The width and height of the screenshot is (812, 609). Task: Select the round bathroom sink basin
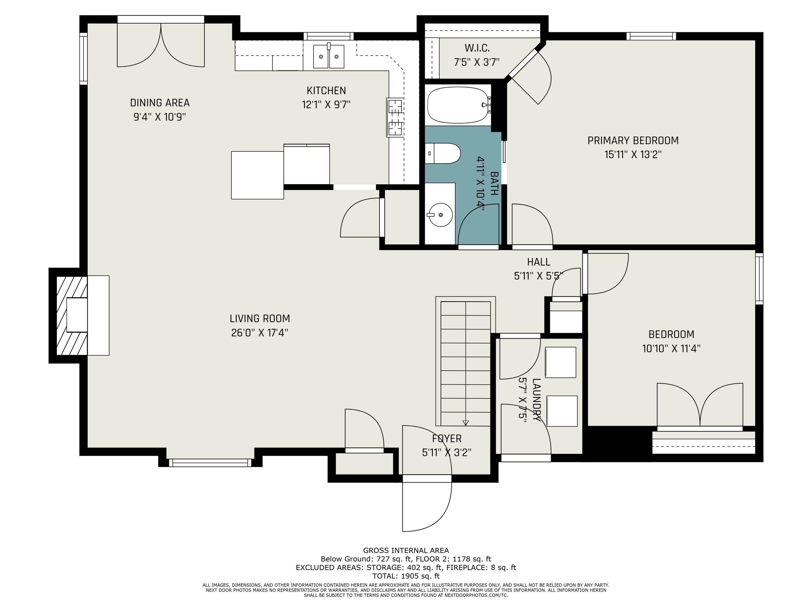[x=440, y=215]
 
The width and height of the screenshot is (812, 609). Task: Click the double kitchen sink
[x=329, y=56]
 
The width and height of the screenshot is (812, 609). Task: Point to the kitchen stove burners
[x=395, y=117]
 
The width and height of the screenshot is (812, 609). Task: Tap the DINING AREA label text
[x=160, y=103]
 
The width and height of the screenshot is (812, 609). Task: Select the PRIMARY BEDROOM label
[x=633, y=140]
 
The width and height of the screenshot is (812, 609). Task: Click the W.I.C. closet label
[x=477, y=48]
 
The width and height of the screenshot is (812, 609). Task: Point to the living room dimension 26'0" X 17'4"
[x=260, y=333]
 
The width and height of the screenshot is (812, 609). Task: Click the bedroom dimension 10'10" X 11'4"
[x=671, y=348]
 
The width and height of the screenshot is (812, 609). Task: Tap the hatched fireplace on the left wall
[x=71, y=315]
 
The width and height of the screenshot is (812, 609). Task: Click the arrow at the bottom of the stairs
[x=466, y=423]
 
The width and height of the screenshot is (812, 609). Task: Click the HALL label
[x=539, y=262]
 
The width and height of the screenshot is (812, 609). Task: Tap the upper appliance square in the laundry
[x=560, y=362]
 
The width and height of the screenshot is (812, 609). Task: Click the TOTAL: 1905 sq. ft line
[x=406, y=576]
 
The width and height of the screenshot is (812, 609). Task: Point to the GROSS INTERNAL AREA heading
[x=406, y=550]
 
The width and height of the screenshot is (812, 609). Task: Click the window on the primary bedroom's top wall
[x=651, y=36]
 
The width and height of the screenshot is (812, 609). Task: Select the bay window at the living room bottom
[x=210, y=463]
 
